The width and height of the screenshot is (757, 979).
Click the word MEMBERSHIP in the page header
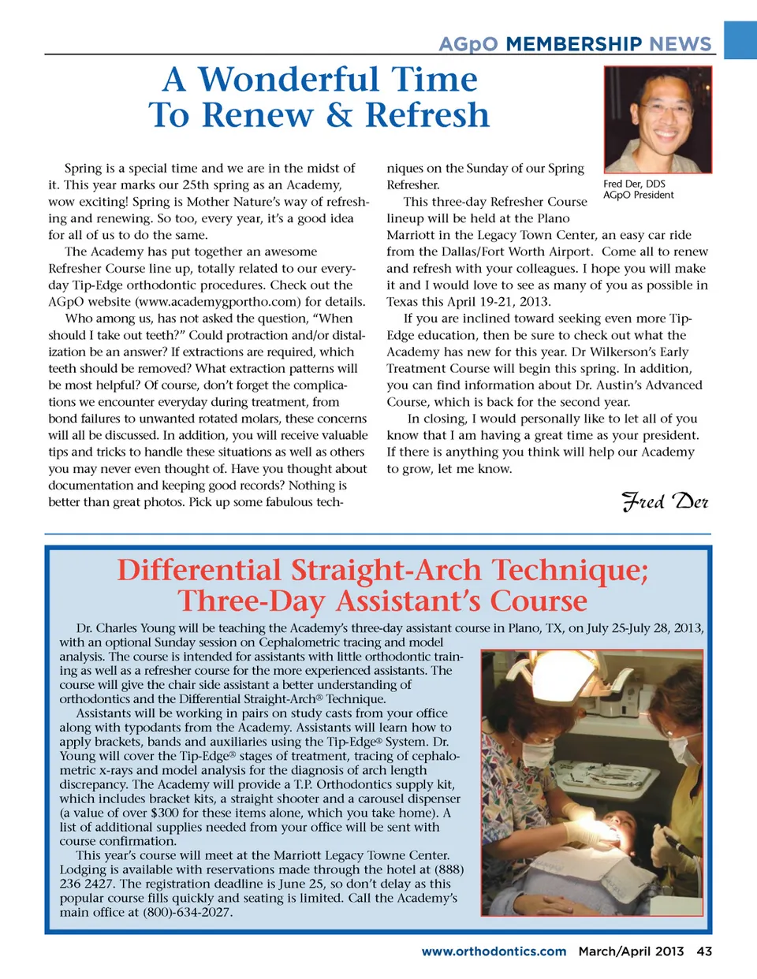[573, 44]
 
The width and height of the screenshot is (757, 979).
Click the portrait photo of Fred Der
[658, 119]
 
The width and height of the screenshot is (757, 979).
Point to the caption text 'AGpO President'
[638, 195]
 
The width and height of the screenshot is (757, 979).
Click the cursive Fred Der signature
[665, 501]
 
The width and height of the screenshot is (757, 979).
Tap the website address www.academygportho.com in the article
[218, 302]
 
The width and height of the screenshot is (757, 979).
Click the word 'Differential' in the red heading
[199, 571]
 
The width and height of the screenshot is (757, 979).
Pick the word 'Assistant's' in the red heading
[407, 601]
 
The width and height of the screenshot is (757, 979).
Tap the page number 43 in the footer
[703, 951]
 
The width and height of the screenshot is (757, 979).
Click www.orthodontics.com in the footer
[494, 951]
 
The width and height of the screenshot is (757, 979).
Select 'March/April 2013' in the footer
[631, 951]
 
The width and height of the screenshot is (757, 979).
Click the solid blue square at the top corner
[740, 39]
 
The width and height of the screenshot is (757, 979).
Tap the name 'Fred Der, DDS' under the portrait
[634, 184]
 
